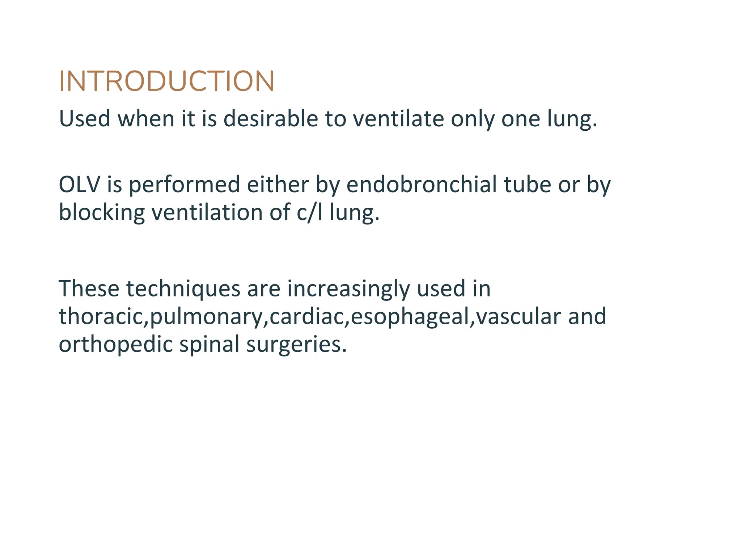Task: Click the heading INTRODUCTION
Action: pyautogui.click(x=166, y=81)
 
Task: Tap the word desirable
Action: pyautogui.click(x=271, y=119)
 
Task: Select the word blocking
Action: pyautogui.click(x=102, y=212)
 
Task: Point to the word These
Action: pyautogui.click(x=89, y=289)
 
